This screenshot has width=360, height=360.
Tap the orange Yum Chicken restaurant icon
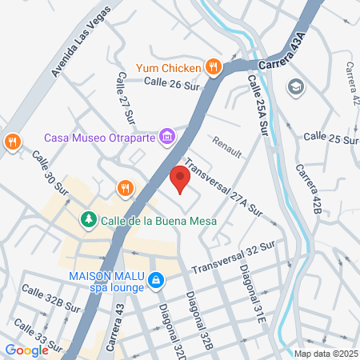coord(213,67)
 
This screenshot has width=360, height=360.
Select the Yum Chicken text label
coord(169,68)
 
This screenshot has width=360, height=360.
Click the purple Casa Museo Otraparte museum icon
coord(167,137)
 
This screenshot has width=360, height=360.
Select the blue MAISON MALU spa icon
coord(156,281)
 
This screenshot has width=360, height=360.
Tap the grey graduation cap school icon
coord(294,85)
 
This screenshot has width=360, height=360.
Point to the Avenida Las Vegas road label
coord(81,49)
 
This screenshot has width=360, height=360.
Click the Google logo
coord(27,350)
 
